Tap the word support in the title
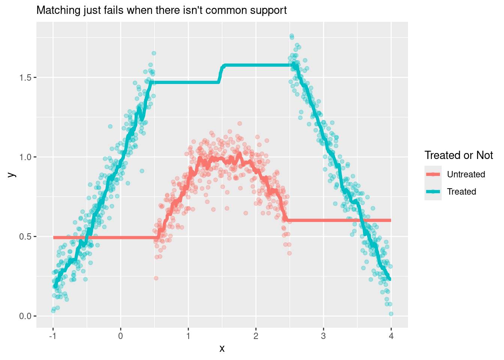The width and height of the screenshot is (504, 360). [x=268, y=10]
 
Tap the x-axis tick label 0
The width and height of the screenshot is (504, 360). [x=121, y=336]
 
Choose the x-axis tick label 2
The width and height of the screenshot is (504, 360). [x=256, y=336]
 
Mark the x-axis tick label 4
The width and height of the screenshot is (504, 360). [x=391, y=336]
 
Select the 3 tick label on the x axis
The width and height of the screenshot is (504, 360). [x=323, y=336]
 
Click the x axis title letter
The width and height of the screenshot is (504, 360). [x=222, y=349]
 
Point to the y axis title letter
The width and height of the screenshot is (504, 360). [x=12, y=174]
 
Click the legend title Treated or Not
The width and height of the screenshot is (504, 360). [x=458, y=155]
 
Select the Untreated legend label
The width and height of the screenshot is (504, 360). [x=466, y=174]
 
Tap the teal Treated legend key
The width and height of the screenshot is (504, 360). [x=433, y=192]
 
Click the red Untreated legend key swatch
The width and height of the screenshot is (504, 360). [x=433, y=174]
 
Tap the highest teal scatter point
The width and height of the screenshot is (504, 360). [x=291, y=36]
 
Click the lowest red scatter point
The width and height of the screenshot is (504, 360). [x=156, y=278]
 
